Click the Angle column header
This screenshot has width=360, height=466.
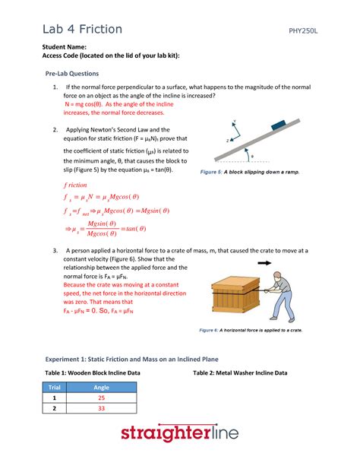point(100,387)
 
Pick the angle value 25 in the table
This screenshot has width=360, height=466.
point(100,398)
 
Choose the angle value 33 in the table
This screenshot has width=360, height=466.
point(100,408)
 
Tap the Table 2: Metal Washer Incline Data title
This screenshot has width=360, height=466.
point(240,373)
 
